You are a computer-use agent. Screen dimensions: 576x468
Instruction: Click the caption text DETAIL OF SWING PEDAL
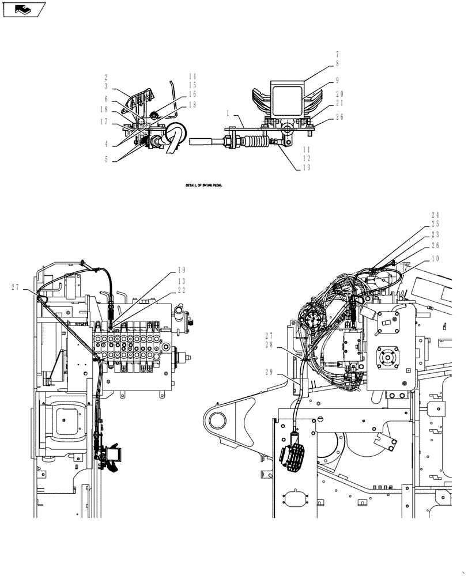(x=203, y=186)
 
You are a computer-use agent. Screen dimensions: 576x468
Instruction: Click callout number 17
(x=105, y=121)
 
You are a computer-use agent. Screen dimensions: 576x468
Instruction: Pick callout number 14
(x=193, y=76)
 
